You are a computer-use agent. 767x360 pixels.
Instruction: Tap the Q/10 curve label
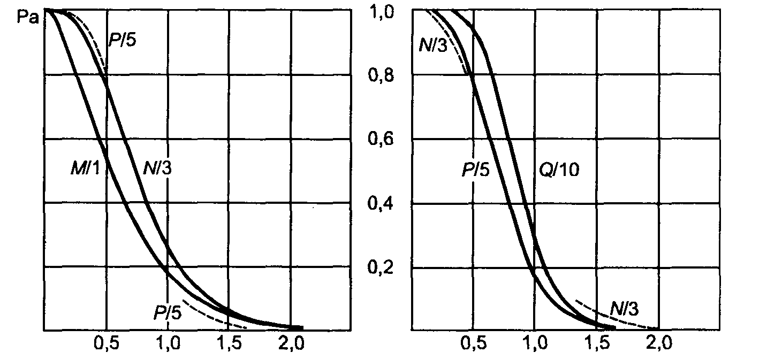tap(559, 170)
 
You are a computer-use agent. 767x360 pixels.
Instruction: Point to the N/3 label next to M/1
tap(158, 170)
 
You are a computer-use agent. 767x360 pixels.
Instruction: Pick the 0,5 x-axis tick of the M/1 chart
tap(106, 343)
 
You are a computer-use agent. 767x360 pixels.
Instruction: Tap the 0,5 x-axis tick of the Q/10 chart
tap(473, 343)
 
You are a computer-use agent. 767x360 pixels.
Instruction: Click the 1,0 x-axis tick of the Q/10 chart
tap(534, 343)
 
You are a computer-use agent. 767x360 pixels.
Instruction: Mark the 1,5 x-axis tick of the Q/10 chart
tap(596, 343)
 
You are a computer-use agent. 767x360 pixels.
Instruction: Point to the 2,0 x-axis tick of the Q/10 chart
tap(657, 343)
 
